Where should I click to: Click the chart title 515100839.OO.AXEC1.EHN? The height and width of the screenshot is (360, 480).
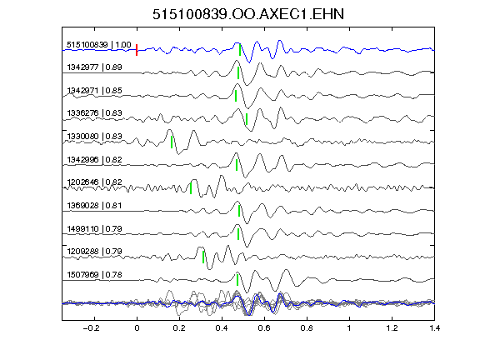(248, 14)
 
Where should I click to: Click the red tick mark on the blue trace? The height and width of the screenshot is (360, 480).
(137, 50)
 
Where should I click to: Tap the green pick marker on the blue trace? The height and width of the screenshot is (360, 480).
(240, 50)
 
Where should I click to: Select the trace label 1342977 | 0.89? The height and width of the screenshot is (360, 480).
(94, 67)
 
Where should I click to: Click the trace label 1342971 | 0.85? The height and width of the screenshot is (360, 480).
(94, 91)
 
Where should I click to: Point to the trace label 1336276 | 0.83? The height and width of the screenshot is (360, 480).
(94, 113)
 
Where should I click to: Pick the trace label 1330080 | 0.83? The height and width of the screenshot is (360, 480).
(94, 136)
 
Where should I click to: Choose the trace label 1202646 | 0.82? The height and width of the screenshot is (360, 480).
(94, 182)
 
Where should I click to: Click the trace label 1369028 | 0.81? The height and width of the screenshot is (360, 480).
(94, 205)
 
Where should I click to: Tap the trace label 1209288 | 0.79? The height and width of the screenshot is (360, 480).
(94, 252)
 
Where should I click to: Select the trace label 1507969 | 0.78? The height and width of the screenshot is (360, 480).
(94, 275)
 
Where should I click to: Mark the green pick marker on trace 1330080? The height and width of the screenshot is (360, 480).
(172, 142)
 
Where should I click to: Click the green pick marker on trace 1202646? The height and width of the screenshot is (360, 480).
(191, 188)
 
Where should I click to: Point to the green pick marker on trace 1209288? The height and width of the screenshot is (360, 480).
(203, 257)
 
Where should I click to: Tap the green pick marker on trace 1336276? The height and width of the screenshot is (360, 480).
(247, 119)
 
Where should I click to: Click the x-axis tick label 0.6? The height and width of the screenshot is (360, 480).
(264, 328)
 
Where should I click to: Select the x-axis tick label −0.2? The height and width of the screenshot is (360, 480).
(92, 328)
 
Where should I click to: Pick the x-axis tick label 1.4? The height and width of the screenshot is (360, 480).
(435, 328)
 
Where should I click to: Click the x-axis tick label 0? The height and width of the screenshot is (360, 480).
(137, 328)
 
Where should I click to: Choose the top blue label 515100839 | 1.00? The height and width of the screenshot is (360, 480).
(99, 45)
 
